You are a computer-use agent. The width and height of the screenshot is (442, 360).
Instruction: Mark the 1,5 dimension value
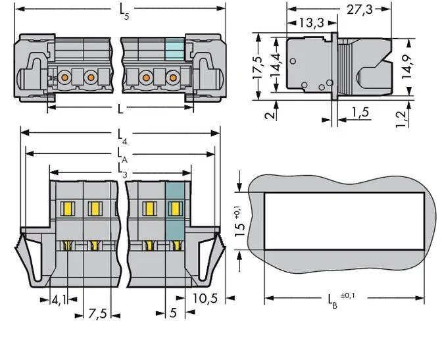(x=359, y=113)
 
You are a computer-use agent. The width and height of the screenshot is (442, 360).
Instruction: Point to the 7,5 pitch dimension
(x=97, y=313)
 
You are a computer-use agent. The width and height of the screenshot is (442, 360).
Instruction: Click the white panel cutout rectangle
(x=344, y=222)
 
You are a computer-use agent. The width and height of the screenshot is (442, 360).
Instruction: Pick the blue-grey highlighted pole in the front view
(x=174, y=211)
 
